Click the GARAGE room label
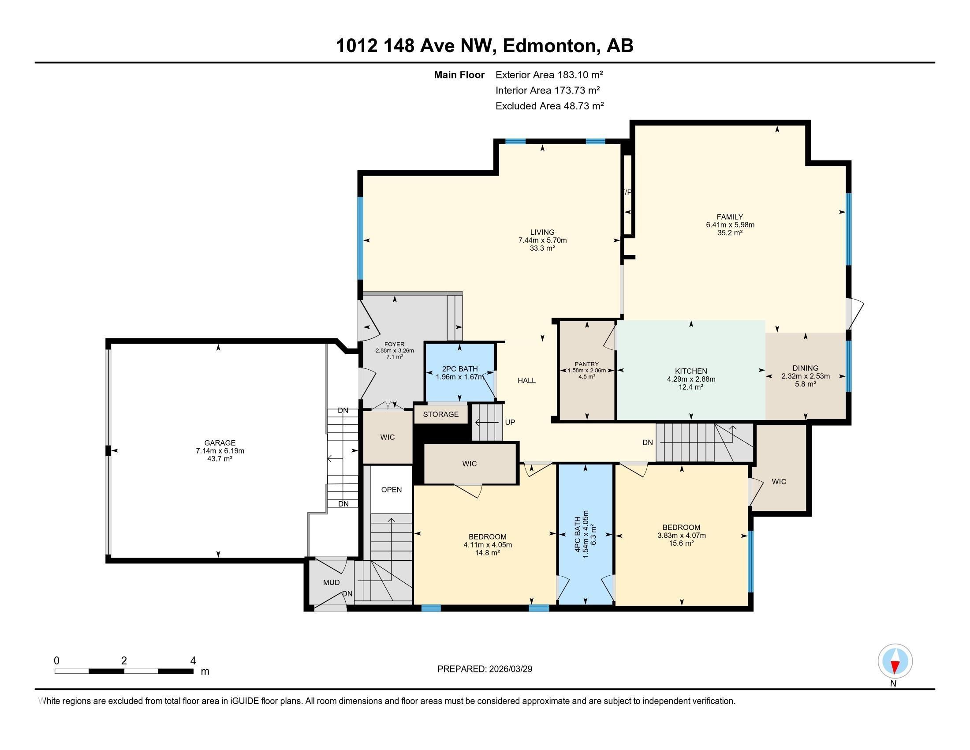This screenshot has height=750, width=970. (x=220, y=442)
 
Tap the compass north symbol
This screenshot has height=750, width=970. (x=895, y=661)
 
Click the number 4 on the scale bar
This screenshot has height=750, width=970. (x=193, y=661)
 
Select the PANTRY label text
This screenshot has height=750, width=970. (x=586, y=364)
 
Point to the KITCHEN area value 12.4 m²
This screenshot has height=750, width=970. (x=690, y=387)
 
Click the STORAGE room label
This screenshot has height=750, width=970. (x=440, y=414)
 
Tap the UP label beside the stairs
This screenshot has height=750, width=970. (x=510, y=422)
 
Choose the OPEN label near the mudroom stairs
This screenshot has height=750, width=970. (x=391, y=490)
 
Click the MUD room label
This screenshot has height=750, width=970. (x=331, y=582)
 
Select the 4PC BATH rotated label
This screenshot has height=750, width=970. (x=578, y=534)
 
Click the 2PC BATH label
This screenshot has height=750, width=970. (x=460, y=369)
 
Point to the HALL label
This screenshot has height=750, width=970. (x=526, y=380)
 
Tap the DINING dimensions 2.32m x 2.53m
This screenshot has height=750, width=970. (x=805, y=376)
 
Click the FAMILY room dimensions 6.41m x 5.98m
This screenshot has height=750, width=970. (x=730, y=225)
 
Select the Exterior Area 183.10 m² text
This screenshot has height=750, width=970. (x=549, y=75)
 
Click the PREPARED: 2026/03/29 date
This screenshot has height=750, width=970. (x=485, y=669)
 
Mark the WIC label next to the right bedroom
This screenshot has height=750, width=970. (x=779, y=481)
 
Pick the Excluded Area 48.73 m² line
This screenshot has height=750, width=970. (x=549, y=106)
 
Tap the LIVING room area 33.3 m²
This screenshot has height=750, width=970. (x=542, y=248)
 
